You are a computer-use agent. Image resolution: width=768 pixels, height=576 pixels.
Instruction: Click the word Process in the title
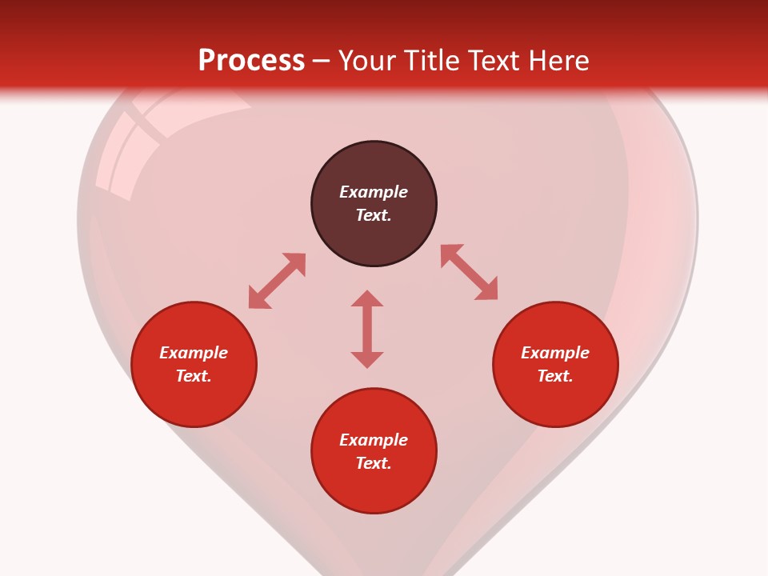(x=251, y=61)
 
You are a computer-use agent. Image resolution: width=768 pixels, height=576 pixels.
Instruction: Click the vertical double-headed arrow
(x=367, y=329)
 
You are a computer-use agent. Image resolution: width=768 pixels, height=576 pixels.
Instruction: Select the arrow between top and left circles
(x=277, y=281)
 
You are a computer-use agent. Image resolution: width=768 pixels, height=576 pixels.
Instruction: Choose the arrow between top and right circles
(x=470, y=272)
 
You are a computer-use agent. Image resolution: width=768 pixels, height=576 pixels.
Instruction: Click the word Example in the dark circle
(x=374, y=192)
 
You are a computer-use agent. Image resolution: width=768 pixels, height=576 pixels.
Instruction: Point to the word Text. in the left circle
(x=194, y=376)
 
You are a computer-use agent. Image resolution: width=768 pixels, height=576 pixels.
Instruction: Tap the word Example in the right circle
(x=555, y=353)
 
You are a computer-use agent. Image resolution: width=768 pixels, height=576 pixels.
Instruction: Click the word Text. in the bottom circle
(x=374, y=463)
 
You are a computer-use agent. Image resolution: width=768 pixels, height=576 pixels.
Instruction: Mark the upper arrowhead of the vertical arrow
(x=367, y=298)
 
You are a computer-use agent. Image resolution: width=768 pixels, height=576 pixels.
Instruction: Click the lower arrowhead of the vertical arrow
(x=367, y=359)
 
